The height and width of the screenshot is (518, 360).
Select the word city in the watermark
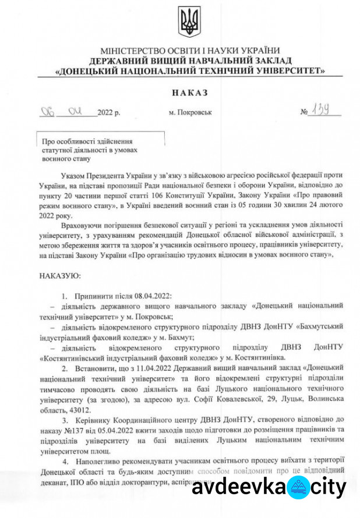click(x=330, y=488)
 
